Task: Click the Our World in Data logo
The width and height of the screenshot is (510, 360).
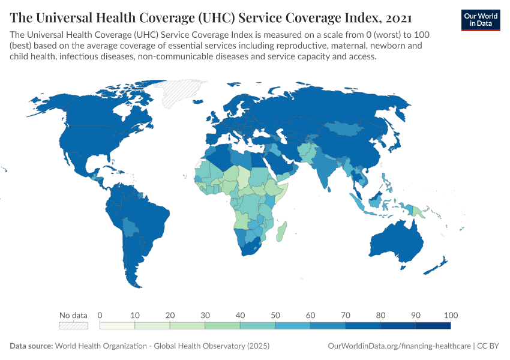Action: [x=481, y=20]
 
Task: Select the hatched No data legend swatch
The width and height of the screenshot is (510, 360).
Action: [x=73, y=326]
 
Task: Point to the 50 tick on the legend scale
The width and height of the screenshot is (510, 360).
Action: [x=275, y=316]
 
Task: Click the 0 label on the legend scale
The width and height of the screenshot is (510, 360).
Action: [x=100, y=316]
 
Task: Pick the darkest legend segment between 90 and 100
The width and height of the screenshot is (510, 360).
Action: [x=433, y=326]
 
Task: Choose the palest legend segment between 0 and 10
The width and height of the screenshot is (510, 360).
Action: [x=117, y=326]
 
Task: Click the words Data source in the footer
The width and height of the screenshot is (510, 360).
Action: [x=31, y=346]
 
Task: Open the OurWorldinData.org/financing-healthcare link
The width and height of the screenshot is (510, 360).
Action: [x=400, y=346]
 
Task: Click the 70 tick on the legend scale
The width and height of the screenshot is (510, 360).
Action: [x=346, y=316]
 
